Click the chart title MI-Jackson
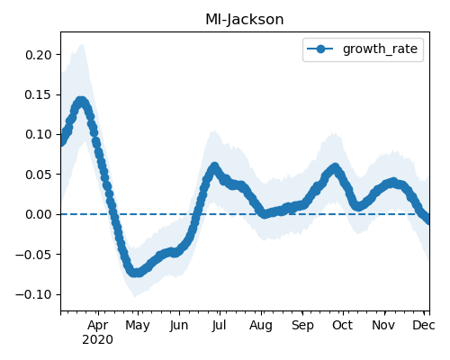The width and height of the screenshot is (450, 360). pos(245,20)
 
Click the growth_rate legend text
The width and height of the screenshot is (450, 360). pos(380,49)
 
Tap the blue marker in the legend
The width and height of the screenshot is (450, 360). pos(320,49)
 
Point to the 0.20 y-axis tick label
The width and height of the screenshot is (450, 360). pos(39,55)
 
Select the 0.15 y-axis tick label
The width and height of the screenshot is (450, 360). pos(39,94)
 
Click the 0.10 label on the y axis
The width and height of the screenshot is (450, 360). pos(39,134)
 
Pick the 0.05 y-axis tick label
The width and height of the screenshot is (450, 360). pos(39,175)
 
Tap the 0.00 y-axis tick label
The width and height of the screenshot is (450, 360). pos(39,214)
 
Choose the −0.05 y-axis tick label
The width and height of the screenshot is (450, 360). pos(34,255)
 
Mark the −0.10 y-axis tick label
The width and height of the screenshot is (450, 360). pos(34,294)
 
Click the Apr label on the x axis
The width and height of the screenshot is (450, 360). pos(98,326)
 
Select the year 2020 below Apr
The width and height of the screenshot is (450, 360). pos(98,340)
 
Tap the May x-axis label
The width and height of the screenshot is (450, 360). pos(138,326)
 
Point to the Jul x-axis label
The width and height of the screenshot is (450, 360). pos(219,326)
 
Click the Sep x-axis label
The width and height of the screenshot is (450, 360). pos(302,326)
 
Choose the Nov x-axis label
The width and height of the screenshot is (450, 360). pos(383,325)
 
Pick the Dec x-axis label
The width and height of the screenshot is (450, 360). pos(424,325)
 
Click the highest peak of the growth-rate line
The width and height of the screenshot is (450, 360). pos(81,102)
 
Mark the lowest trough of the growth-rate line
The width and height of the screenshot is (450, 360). pos(137,273)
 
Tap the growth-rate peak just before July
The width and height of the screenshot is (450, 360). pos(214,167)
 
